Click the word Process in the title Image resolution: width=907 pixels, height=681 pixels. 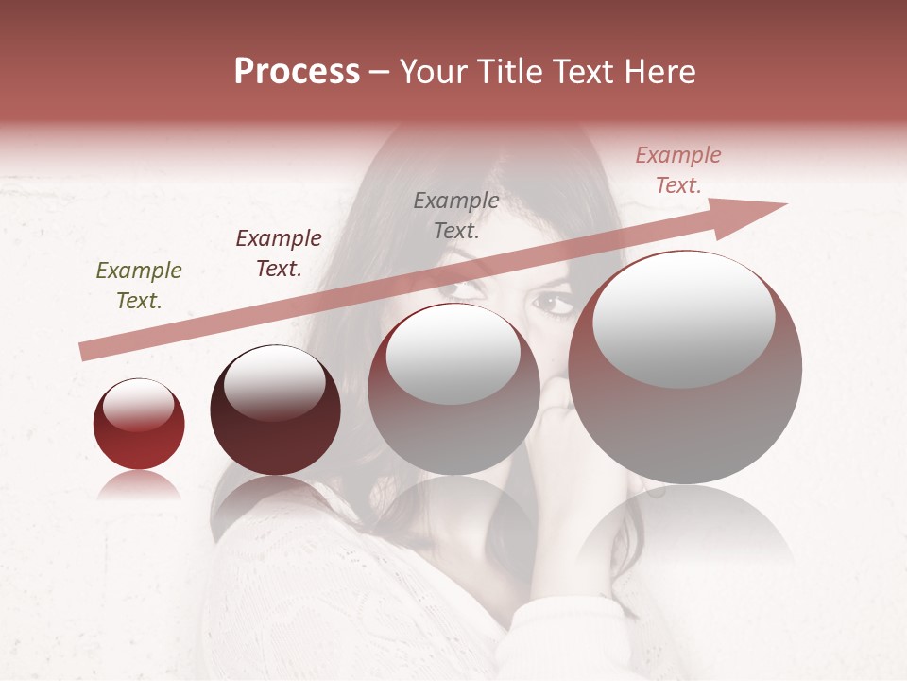coord(297,72)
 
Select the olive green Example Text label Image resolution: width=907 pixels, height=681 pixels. coord(138,286)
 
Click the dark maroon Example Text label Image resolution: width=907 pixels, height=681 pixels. coord(278,253)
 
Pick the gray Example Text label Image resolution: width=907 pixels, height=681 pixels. coord(456,215)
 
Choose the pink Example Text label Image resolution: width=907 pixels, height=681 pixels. coord(678,170)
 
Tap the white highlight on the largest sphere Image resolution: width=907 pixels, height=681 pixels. coord(683,319)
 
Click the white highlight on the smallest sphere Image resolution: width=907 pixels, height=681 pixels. coord(138,404)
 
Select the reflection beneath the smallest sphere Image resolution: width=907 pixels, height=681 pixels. coord(139,486)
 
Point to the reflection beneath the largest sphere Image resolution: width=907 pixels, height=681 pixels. coord(685,530)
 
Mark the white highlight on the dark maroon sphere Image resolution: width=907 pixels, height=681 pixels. coord(274,383)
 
